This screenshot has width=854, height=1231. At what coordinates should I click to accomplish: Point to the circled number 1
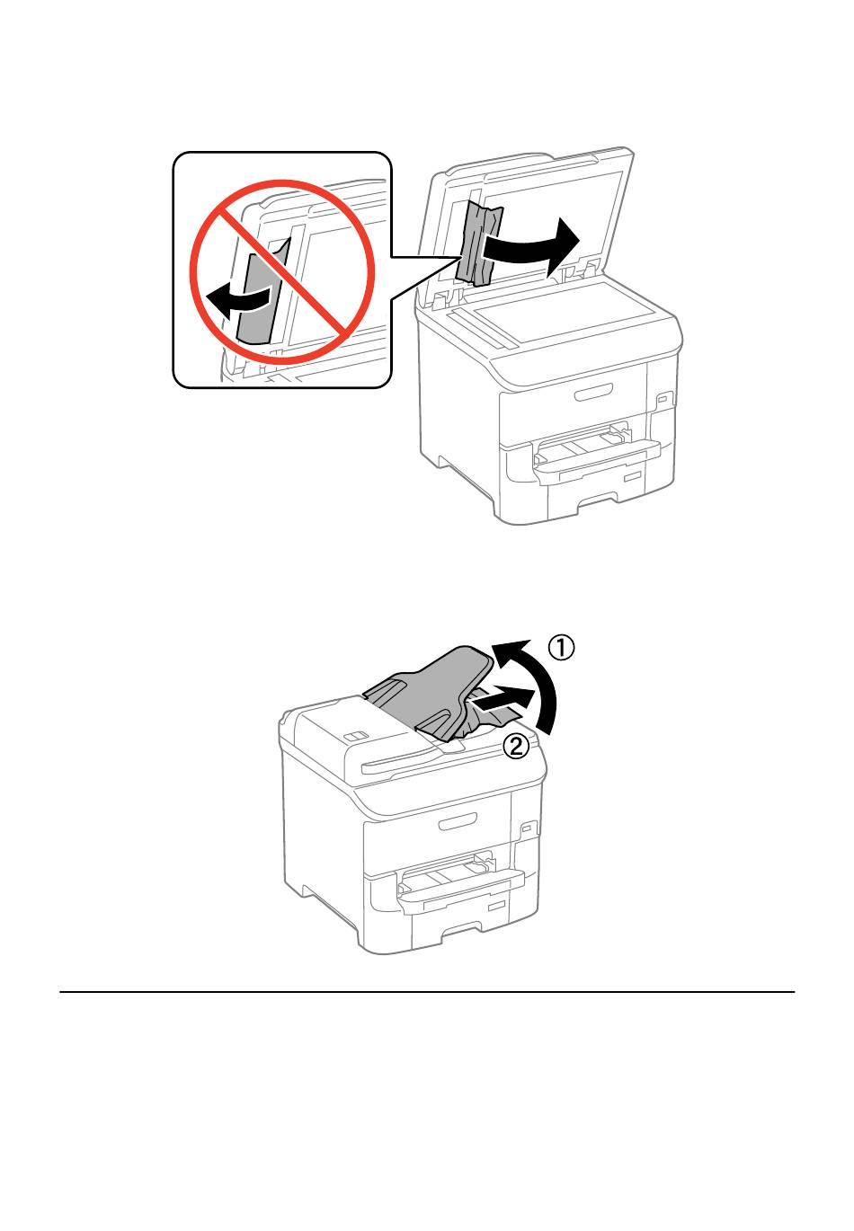[x=561, y=647]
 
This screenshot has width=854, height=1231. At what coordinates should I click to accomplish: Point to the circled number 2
[x=517, y=746]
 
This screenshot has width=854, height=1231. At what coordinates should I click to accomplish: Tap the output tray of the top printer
[x=597, y=452]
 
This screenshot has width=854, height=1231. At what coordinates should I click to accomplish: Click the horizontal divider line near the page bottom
[x=427, y=992]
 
